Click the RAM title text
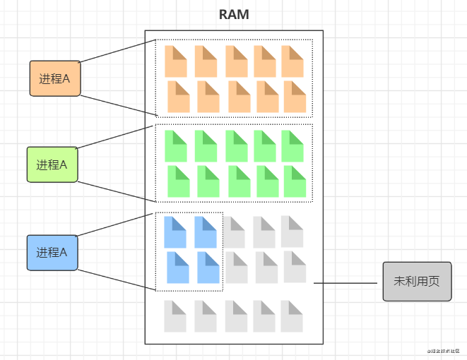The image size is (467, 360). (234, 14)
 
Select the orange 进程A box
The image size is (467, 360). (56, 78)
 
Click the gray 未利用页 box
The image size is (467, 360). (416, 281)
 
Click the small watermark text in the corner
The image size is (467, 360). (443, 351)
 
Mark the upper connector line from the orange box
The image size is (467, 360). (117, 51)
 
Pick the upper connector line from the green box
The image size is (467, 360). (116, 137)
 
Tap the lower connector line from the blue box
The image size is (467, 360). (117, 280)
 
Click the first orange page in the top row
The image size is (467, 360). (176, 61)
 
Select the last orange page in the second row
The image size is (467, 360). (295, 97)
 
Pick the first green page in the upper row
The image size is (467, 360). (176, 146)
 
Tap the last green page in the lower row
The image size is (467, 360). (295, 181)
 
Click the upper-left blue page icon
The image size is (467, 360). (175, 232)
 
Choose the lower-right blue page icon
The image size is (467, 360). (208, 268)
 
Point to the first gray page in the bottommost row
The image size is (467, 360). (175, 316)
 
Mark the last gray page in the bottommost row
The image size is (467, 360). (291, 316)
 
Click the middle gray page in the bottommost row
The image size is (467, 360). (237, 316)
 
